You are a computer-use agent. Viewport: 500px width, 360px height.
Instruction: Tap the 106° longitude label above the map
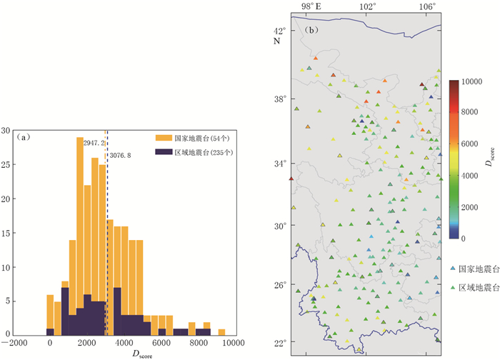pos(427,6)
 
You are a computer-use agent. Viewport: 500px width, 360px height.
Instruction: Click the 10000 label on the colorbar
pos(474,82)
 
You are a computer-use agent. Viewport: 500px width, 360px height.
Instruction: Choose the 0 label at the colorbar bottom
pos(464,237)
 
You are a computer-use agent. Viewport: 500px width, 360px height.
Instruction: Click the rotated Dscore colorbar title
pos(491,160)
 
